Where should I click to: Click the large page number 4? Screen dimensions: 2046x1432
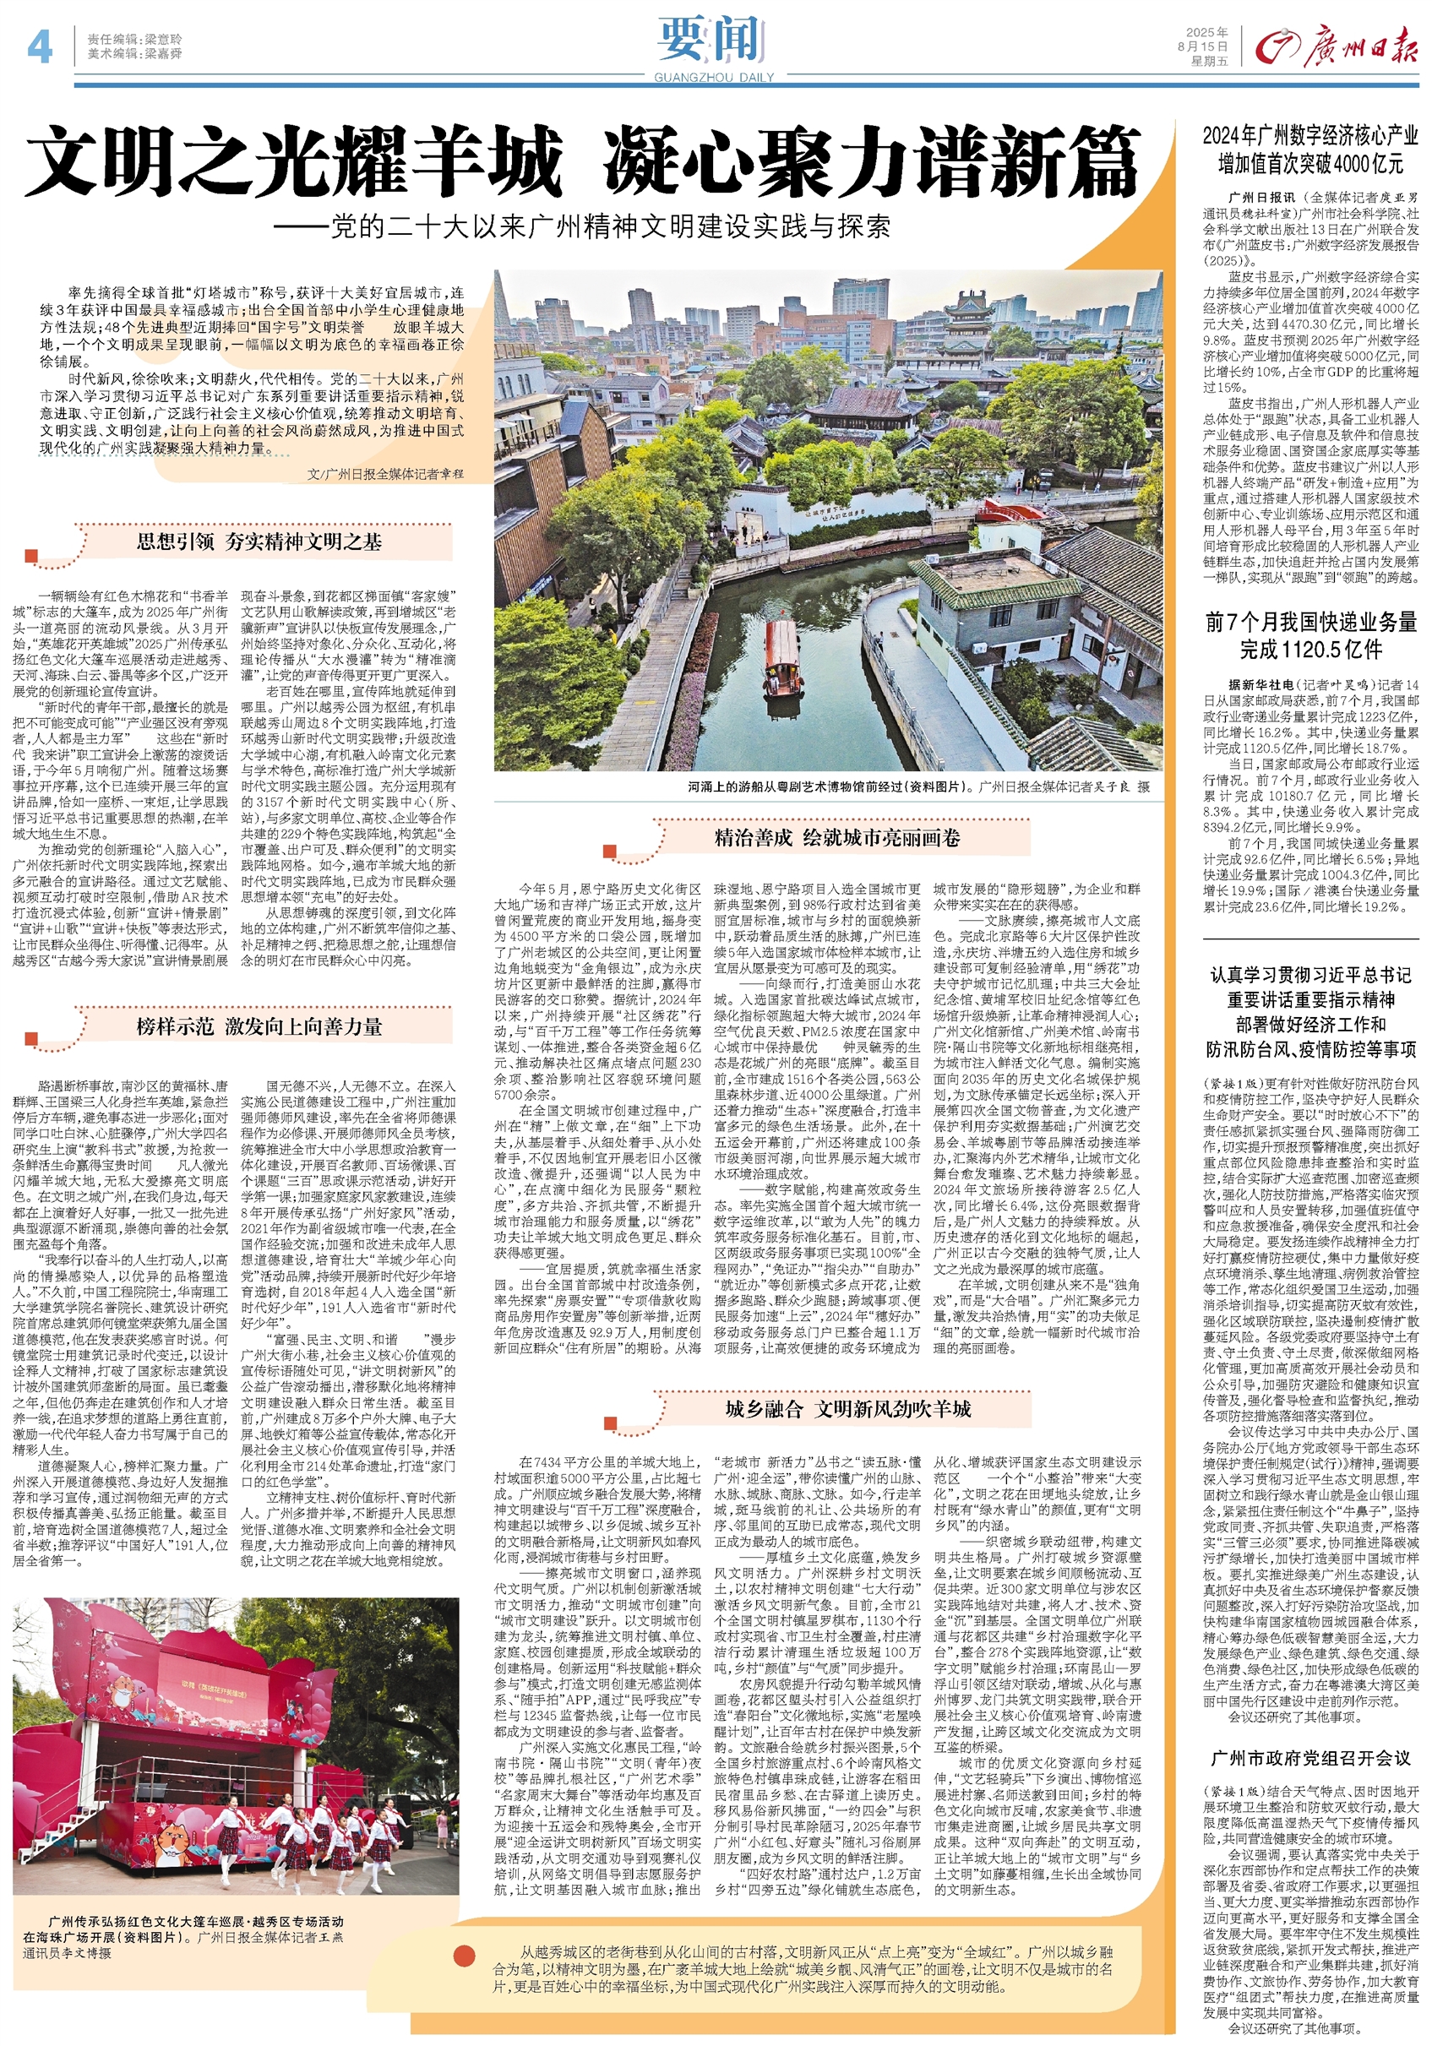coord(39,47)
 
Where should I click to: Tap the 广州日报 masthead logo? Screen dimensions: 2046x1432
coord(1337,46)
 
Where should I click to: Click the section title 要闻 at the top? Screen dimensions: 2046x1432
coord(712,40)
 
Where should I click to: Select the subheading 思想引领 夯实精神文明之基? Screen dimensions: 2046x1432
coord(259,541)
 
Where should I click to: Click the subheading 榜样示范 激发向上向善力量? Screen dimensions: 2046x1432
coord(259,1026)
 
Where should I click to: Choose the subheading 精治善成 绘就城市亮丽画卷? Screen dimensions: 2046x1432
coord(836,837)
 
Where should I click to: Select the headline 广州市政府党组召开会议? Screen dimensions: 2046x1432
coord(1309,1757)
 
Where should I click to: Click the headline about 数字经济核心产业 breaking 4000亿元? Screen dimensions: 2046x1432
coord(1309,149)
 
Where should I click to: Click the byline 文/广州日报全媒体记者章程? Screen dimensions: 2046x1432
coord(385,474)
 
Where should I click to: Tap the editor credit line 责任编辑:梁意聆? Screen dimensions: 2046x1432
coord(134,39)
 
